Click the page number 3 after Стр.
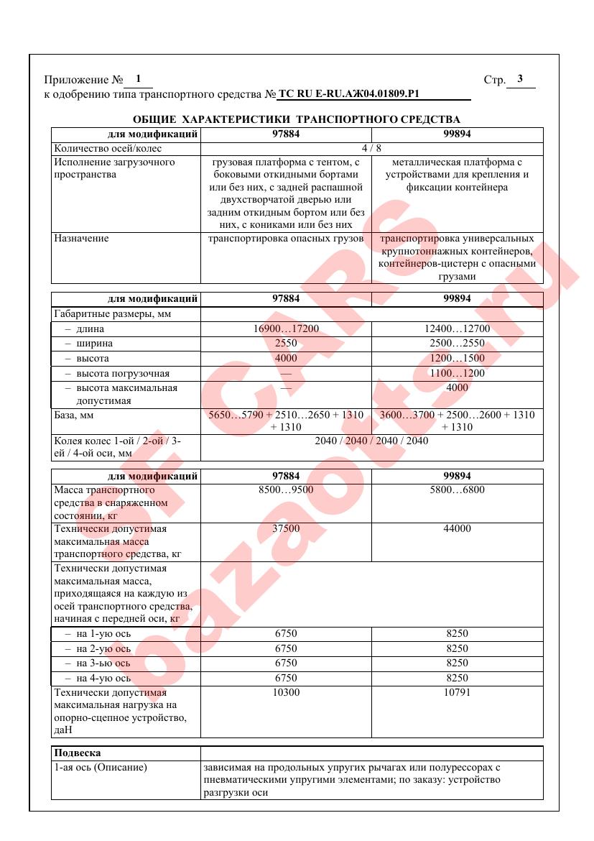(520, 79)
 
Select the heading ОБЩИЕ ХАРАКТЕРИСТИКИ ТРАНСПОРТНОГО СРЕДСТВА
(297, 119)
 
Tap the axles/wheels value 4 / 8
(371, 149)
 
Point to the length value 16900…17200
(286, 328)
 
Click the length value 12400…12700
(457, 328)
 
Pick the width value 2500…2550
(457, 344)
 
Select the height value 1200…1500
(457, 359)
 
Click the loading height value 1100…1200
(457, 374)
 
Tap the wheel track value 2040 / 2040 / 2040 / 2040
(371, 441)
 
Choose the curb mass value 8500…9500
(286, 490)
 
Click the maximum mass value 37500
(286, 529)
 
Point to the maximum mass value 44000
(457, 529)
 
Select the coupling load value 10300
(286, 693)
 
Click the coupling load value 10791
(457, 693)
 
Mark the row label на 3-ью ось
(102, 663)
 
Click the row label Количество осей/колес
(108, 149)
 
